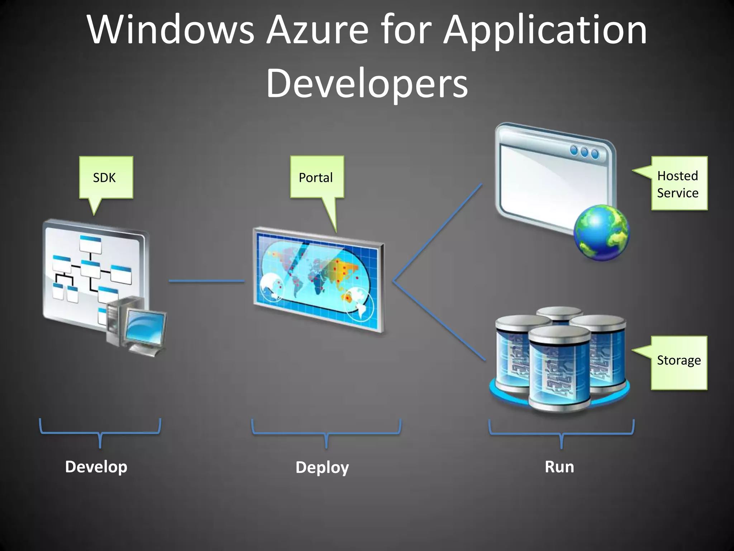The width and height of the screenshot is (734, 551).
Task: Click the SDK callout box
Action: [x=106, y=177]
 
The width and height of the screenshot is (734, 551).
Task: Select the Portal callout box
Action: [x=317, y=177]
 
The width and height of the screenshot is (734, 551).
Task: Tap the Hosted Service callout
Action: [x=679, y=184]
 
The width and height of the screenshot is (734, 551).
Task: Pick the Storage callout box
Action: [x=679, y=362]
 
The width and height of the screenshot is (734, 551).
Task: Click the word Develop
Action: [x=96, y=467]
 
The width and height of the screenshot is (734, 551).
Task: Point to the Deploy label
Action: [x=322, y=467]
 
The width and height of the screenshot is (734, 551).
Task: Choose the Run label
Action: [x=559, y=467]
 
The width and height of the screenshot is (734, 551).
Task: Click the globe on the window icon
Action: [x=601, y=232]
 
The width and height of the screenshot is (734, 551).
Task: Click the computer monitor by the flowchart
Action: [x=145, y=328]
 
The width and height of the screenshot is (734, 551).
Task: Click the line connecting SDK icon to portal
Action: [x=206, y=281]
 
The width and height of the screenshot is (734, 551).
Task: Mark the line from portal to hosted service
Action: [x=437, y=233]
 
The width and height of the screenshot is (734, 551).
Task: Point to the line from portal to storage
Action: [x=439, y=320]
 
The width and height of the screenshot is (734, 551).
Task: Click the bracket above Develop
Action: [x=100, y=433]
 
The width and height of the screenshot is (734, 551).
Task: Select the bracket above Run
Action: [x=561, y=434]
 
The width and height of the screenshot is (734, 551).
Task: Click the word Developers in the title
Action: [x=367, y=83]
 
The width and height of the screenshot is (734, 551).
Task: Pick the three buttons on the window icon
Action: [x=584, y=152]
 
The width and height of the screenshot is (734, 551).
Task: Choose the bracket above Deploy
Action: [x=326, y=434]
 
